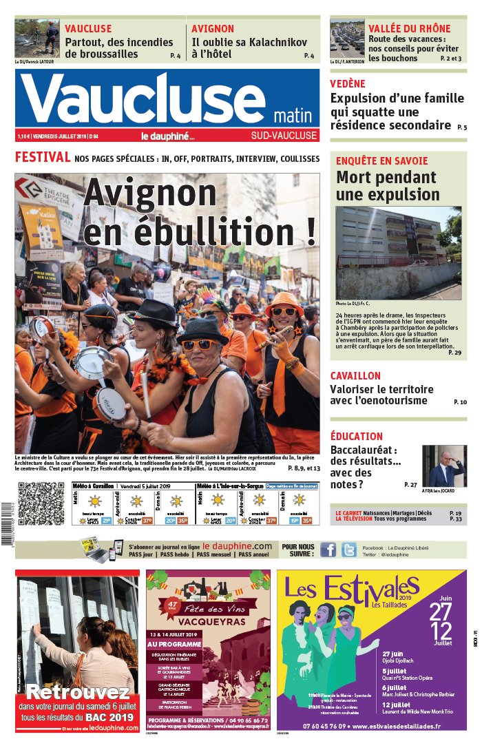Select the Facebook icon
coord(328,549)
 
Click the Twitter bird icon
coord(348,549)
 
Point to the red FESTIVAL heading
coord(43,158)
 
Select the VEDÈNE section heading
coord(348,83)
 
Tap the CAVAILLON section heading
coord(355,376)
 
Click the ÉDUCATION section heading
coord(356,436)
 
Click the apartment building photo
coord(398,252)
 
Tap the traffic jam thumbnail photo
coord(346,39)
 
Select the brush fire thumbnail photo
coord(37,39)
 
